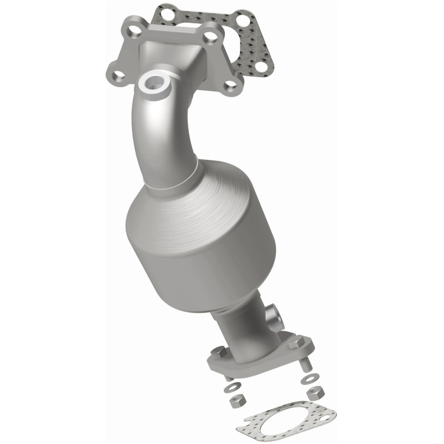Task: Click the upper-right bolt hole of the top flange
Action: (210, 38)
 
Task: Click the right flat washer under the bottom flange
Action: (309, 380)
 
